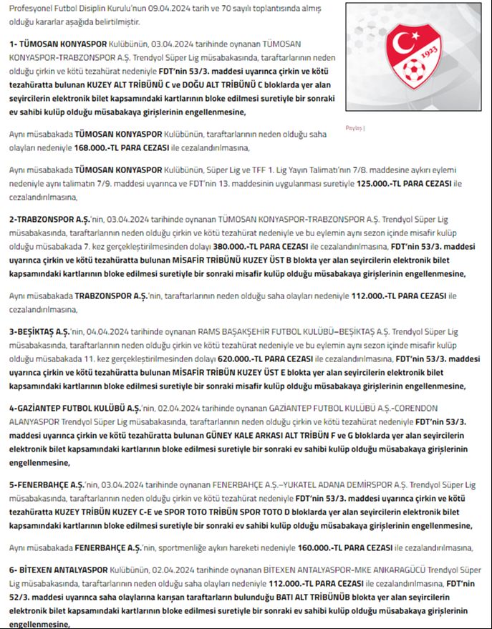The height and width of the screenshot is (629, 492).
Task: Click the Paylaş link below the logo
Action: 354,128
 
